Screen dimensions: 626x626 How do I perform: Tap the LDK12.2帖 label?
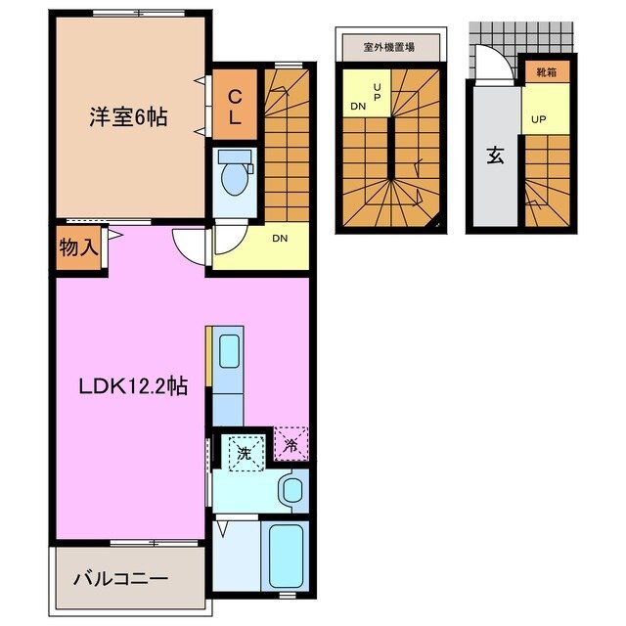click(134, 385)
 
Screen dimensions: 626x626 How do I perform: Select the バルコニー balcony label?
click(120, 578)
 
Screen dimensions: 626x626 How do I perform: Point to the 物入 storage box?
click(78, 247)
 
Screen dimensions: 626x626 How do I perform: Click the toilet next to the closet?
click(235, 176)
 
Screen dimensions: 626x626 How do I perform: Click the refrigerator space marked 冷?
click(291, 445)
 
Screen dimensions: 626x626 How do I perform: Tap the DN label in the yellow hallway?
click(279, 238)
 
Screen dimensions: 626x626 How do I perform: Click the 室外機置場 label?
click(390, 46)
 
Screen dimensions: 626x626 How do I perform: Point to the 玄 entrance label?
click(495, 154)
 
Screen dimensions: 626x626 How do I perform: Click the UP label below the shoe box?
click(539, 119)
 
